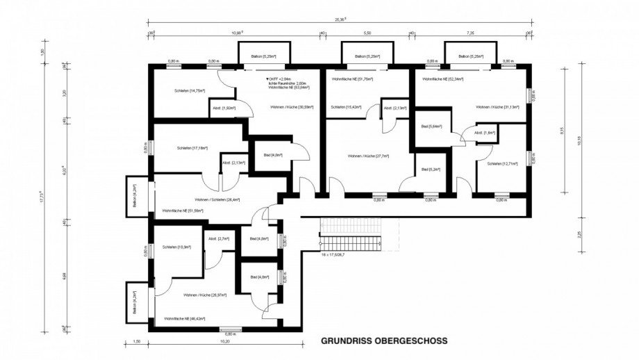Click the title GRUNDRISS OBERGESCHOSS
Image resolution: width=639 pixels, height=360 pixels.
(383, 341)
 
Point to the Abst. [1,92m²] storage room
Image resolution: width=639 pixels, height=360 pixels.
(224, 108)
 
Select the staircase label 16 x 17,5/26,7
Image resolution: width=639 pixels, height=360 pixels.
(337, 255)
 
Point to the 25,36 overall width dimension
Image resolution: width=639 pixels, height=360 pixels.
(340, 19)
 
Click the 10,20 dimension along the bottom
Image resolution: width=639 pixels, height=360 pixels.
(224, 341)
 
